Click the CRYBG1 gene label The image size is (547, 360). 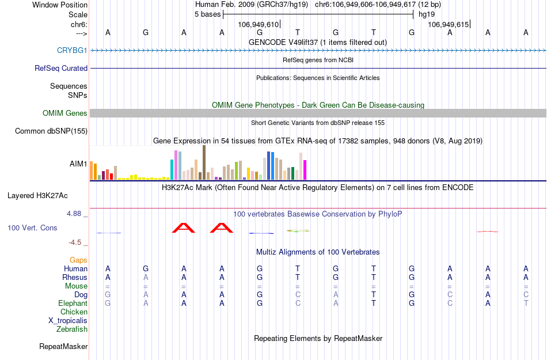(72, 51)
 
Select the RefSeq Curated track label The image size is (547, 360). (61, 68)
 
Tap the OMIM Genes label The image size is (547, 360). (65, 113)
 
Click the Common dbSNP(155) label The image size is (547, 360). (51, 131)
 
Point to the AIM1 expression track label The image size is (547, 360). (78, 164)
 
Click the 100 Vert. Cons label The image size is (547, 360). (32, 228)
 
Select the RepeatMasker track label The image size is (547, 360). (63, 347)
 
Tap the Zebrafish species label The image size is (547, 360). (72, 329)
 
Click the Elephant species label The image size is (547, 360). (73, 304)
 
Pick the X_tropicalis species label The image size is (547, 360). (68, 321)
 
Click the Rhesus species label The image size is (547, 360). (75, 278)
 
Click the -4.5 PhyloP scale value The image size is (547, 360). (75, 242)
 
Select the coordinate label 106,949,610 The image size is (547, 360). (258, 24)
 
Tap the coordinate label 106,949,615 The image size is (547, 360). (448, 24)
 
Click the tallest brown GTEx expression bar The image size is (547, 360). (204, 162)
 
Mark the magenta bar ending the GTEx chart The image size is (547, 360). (305, 170)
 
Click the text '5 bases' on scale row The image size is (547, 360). (207, 14)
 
